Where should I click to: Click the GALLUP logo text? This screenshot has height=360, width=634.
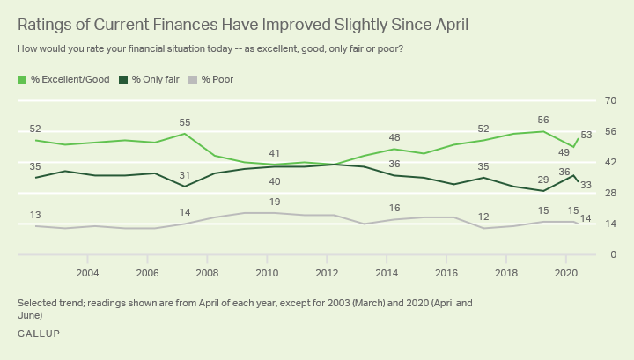coord(39,334)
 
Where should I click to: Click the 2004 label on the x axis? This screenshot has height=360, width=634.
coord(87,273)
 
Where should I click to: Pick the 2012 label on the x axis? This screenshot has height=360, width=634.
coord(327,273)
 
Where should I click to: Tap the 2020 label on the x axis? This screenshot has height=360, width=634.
coord(566,273)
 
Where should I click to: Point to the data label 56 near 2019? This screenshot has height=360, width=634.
coord(543,120)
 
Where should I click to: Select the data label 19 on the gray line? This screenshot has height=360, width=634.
coord(274,202)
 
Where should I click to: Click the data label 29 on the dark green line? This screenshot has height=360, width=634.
coord(543,180)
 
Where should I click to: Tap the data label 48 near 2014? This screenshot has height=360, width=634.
coord(394,137)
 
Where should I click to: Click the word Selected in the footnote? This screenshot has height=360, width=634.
coord(37,303)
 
